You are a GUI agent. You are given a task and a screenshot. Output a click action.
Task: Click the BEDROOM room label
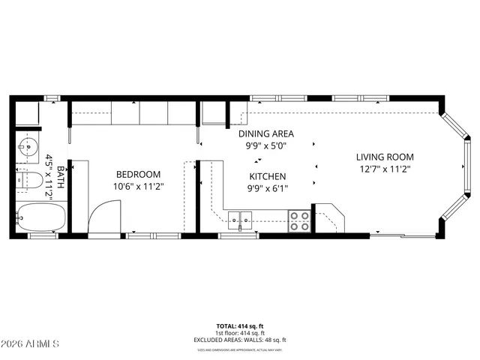[138, 174]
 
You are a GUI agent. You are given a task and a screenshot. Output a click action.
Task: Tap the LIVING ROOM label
[385, 157]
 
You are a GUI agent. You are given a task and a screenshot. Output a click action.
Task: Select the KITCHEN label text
[267, 176]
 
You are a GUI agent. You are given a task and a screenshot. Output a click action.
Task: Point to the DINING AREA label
[267, 133]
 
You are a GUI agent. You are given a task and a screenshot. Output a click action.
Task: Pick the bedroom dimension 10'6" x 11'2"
[138, 186]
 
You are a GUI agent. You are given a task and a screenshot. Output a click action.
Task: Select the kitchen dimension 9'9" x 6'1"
[267, 188]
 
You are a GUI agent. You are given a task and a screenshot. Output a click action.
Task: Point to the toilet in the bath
[29, 181]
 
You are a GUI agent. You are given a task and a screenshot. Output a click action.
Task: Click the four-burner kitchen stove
[300, 220]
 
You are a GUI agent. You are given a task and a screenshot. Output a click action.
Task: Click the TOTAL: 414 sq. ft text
[240, 325]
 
